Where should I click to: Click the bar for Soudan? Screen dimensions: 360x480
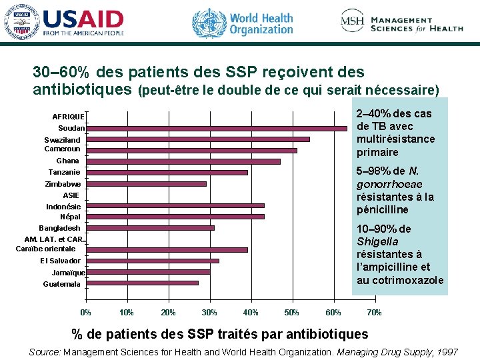pos(217,128)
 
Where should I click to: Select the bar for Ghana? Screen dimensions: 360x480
pos(183,161)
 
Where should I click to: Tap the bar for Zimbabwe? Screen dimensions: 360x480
pos(146,183)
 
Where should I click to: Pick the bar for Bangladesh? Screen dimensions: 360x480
pos(150,228)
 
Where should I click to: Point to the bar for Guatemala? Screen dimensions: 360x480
pos(142,283)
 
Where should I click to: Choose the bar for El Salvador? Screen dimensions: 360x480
pos(152,261)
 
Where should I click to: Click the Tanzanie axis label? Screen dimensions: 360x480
pos(64,172)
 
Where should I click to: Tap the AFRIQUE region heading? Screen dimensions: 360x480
pos(68,117)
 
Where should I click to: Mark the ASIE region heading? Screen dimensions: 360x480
pos(71,195)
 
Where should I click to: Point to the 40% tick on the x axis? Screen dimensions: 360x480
pos(251,313)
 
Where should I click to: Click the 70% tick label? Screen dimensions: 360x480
pos(375,313)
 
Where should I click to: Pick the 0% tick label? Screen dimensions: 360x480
pos(86,313)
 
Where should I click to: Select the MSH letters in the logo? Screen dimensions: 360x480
pos(352,22)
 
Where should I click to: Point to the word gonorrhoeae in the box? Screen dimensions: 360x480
pos(389,183)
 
